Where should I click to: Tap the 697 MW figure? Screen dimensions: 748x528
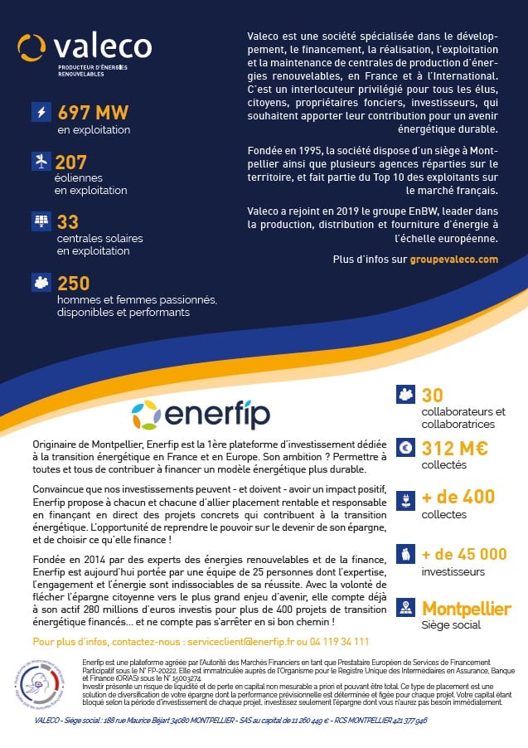click(94, 113)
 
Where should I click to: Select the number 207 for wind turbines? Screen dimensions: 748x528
click(70, 163)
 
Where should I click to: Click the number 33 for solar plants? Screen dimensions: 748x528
click(68, 222)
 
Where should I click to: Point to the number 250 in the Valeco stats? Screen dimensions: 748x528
click(74, 284)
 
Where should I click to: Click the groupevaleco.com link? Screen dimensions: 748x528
click(454, 260)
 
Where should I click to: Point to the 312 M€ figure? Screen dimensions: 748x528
click(455, 449)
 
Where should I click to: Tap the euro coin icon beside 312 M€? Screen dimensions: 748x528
click(406, 448)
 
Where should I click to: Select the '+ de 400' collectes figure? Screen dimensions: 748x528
click(458, 497)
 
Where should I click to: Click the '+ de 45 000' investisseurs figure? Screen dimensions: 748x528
click(464, 554)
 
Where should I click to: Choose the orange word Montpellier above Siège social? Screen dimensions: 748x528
click(467, 609)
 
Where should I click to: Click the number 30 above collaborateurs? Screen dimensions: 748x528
click(433, 396)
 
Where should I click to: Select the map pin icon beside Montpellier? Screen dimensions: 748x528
click(406, 608)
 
